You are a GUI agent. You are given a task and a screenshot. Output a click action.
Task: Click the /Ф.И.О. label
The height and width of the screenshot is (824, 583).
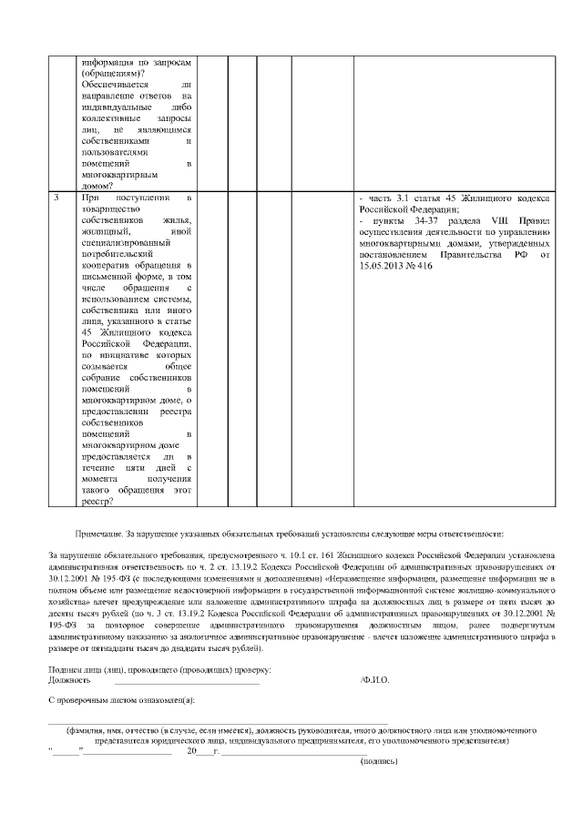[x=375, y=680]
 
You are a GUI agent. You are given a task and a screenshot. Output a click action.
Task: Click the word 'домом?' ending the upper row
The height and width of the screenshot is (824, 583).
[x=98, y=185]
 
